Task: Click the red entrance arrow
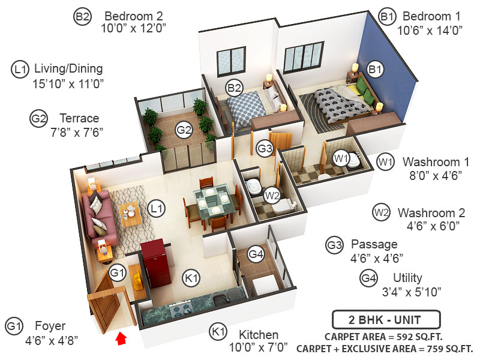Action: point(121,339)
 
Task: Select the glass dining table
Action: point(213,200)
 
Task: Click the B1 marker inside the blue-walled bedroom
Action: point(376,71)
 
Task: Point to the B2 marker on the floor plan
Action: point(234,89)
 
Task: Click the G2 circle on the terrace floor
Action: point(184,128)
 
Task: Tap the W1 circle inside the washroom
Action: point(341,159)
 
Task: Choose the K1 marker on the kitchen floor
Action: point(191,278)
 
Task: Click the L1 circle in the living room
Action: point(157,209)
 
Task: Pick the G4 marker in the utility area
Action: point(256,254)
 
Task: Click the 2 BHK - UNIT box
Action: point(386,319)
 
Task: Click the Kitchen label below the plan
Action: point(259,334)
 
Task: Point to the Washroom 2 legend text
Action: point(431,212)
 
